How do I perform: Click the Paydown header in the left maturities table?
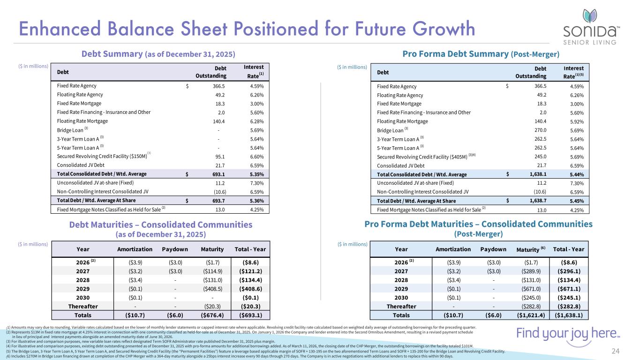coord(175,249)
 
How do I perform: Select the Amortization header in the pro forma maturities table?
coord(453,249)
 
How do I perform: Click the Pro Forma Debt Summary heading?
coord(481,54)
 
